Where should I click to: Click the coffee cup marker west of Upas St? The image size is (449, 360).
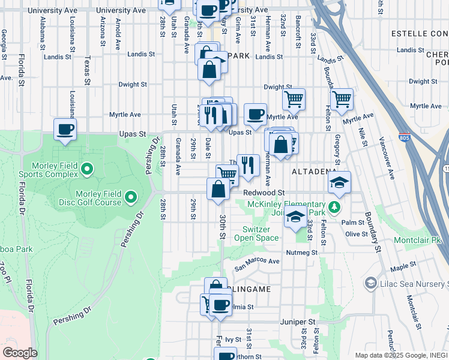65,129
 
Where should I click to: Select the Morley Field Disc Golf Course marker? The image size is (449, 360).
130,196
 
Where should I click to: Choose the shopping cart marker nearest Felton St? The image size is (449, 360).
342,98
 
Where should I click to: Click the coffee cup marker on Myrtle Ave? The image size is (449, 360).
255,113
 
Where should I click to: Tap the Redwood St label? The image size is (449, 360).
264,193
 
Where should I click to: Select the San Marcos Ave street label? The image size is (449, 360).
257,262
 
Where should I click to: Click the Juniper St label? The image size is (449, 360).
297,322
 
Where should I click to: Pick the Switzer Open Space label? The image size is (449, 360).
261,233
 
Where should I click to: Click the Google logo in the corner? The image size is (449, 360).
19,353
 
